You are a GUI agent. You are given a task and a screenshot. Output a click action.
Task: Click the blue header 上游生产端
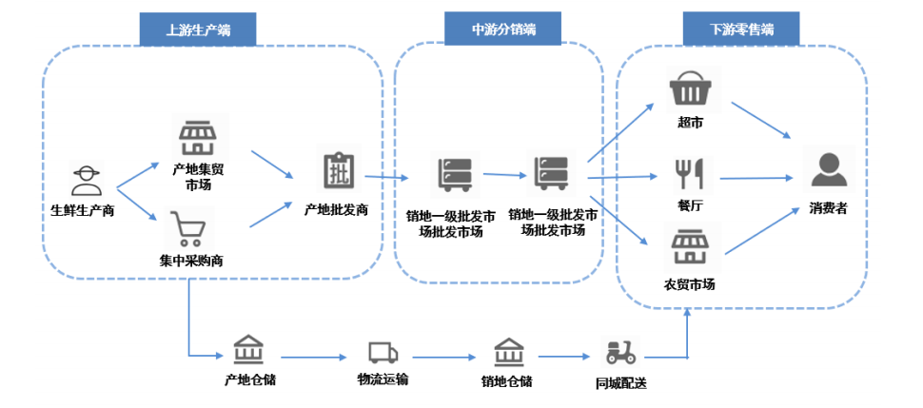(198, 29)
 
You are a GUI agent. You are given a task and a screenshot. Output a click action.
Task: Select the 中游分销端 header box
(502, 29)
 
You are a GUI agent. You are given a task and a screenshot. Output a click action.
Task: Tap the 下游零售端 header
(741, 29)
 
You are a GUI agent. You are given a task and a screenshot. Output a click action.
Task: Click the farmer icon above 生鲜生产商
(87, 180)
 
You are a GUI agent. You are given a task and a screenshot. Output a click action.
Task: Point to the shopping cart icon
(187, 228)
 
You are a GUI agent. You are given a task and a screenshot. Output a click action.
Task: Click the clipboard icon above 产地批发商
(339, 168)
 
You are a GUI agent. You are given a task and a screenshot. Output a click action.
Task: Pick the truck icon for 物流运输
(383, 353)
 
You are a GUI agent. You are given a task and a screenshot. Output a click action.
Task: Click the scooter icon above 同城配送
(620, 353)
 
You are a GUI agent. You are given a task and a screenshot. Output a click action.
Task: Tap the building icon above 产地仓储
(248, 350)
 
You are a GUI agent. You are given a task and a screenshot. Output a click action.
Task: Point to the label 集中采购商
(190, 262)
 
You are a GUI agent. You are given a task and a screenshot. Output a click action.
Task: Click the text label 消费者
(828, 208)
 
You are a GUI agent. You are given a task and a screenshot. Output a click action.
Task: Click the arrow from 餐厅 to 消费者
(757, 177)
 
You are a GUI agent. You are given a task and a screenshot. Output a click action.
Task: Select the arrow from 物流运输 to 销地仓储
(444, 357)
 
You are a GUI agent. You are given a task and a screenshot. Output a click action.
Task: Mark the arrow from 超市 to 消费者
(761, 121)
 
